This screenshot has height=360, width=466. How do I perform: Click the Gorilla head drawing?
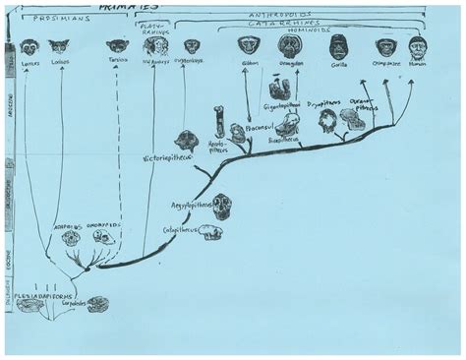point(338,45)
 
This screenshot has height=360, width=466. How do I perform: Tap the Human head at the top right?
point(418,46)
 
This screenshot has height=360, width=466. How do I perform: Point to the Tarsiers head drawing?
point(117,45)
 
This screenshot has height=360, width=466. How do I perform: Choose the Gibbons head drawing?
point(249,45)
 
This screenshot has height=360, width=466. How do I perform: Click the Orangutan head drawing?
point(290,45)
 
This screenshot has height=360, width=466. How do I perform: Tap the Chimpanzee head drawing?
point(385,46)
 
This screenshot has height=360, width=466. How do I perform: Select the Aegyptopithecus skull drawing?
point(222,207)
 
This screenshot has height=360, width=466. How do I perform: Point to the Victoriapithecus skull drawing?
point(186,141)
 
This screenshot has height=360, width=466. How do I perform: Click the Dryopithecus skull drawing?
point(327,121)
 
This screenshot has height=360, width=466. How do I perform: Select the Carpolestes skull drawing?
point(97,305)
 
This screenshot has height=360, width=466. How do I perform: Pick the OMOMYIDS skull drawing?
point(103,237)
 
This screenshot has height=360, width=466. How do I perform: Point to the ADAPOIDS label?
point(71,225)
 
